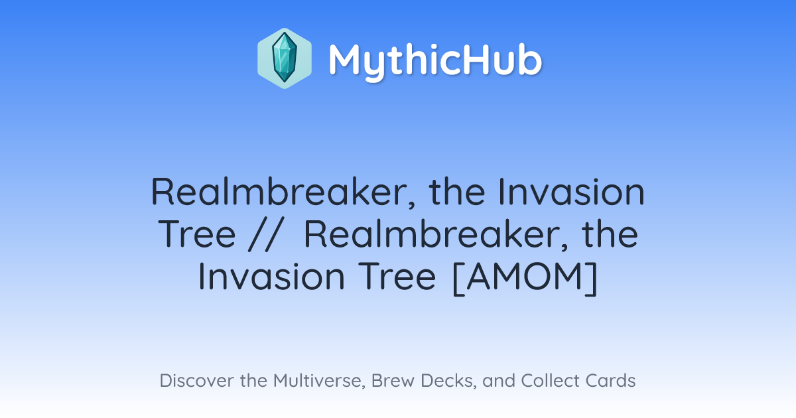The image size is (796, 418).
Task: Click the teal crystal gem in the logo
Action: click(285, 58)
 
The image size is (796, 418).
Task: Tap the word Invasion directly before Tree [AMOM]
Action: click(271, 276)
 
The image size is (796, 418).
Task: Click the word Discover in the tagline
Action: click(197, 380)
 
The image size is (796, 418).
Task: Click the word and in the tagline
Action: click(499, 380)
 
